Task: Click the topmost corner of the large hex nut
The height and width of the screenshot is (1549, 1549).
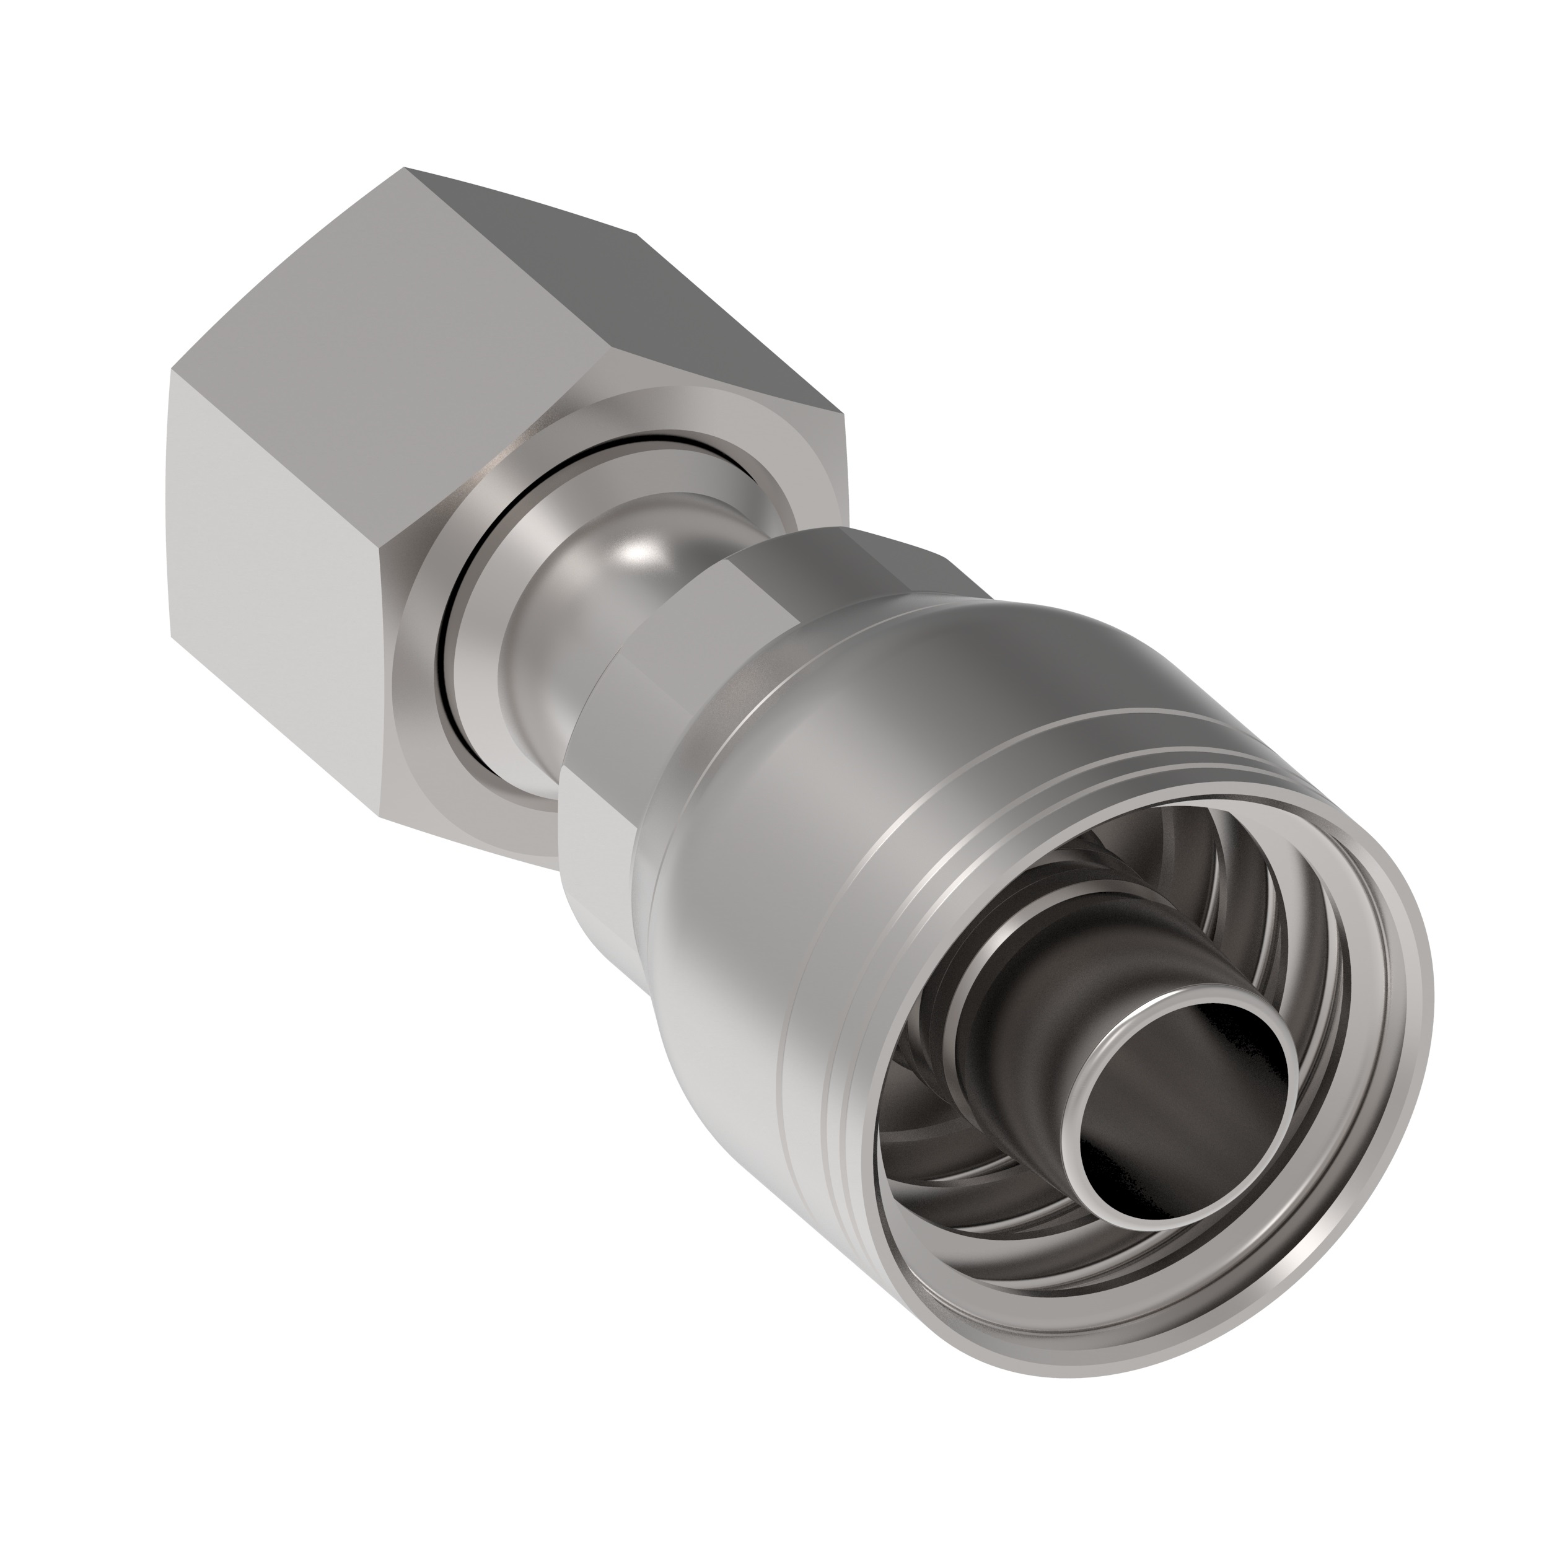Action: (x=405, y=169)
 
